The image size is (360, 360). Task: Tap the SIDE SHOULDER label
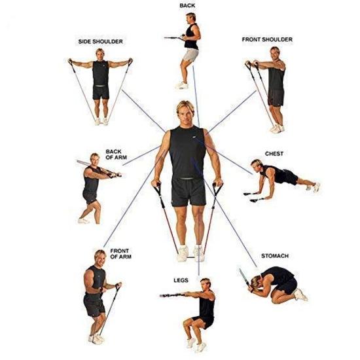(x=100, y=42)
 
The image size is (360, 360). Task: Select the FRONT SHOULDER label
(x=266, y=40)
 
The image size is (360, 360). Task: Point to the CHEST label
(x=274, y=154)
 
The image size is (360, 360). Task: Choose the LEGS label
(x=181, y=280)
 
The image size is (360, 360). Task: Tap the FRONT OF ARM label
(x=119, y=254)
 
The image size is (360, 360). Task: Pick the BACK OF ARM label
(x=113, y=155)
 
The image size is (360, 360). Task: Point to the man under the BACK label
(x=190, y=49)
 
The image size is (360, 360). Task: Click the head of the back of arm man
(x=95, y=160)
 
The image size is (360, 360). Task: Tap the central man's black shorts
(x=188, y=190)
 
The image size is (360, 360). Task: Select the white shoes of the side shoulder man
(x=101, y=120)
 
